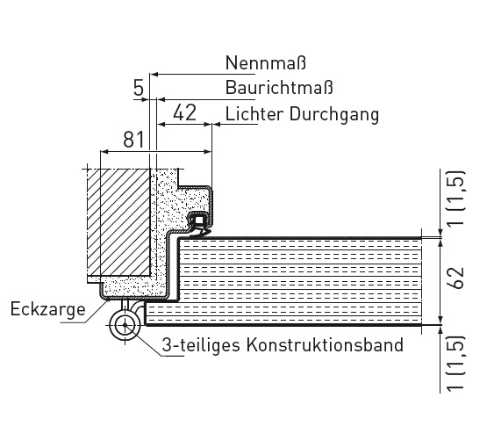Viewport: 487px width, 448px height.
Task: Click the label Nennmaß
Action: (266, 62)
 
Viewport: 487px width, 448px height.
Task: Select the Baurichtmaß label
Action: (279, 87)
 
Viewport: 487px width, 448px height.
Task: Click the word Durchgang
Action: (334, 115)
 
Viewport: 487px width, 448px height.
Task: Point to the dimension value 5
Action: (139, 88)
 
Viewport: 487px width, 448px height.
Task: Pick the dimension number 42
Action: (185, 112)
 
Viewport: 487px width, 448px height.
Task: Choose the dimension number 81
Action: (134, 140)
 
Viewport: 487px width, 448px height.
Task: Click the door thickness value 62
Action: (456, 278)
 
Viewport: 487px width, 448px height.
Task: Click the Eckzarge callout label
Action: (48, 310)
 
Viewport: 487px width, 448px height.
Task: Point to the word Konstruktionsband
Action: (325, 344)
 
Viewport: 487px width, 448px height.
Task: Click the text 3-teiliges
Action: (201, 345)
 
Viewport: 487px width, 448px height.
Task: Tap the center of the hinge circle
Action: (125, 325)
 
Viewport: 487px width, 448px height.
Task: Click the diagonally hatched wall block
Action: (118, 222)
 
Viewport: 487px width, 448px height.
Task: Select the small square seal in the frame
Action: (199, 220)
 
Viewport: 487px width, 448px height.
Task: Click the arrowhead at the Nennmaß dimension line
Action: (154, 75)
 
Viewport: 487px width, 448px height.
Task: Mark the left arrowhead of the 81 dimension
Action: (104, 152)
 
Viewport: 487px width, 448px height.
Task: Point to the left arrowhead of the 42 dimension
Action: (161, 125)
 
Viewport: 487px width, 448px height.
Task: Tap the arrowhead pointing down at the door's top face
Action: (440, 233)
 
